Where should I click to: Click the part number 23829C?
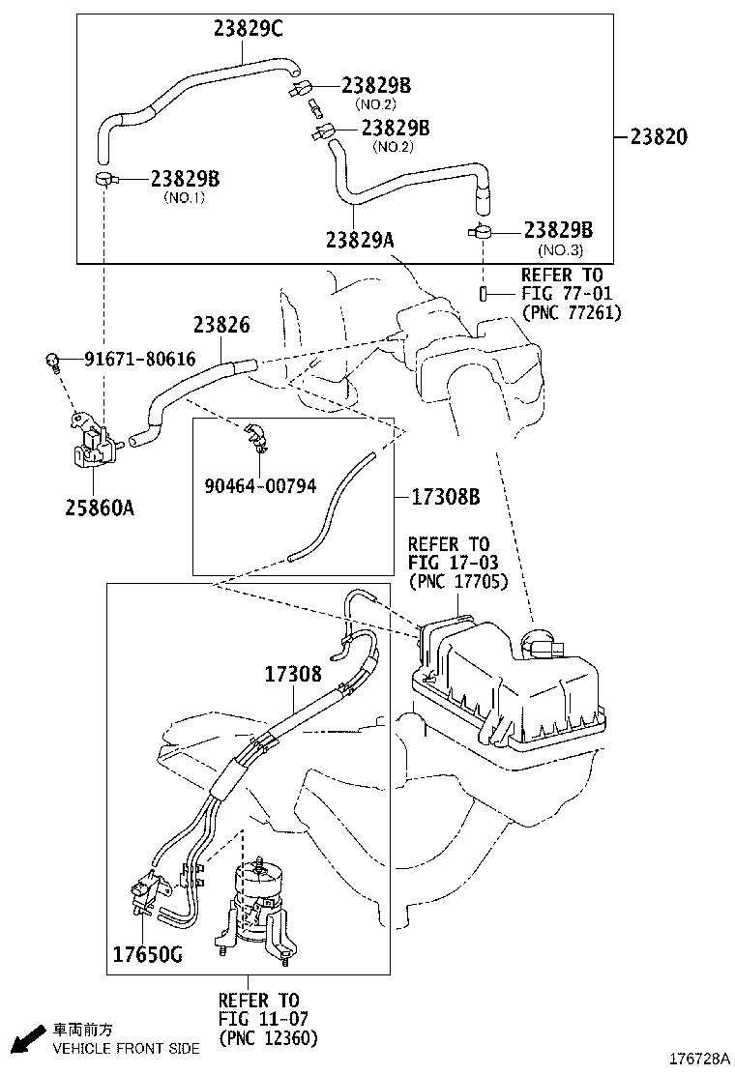[248, 29]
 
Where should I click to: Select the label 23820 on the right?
[654, 136]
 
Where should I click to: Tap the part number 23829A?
[360, 238]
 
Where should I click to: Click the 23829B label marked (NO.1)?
[185, 179]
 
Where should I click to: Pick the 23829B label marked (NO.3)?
[558, 230]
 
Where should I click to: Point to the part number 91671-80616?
[139, 360]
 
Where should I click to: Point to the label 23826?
[220, 326]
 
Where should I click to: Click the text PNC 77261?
[571, 312]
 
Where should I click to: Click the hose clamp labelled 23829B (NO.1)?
[104, 178]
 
